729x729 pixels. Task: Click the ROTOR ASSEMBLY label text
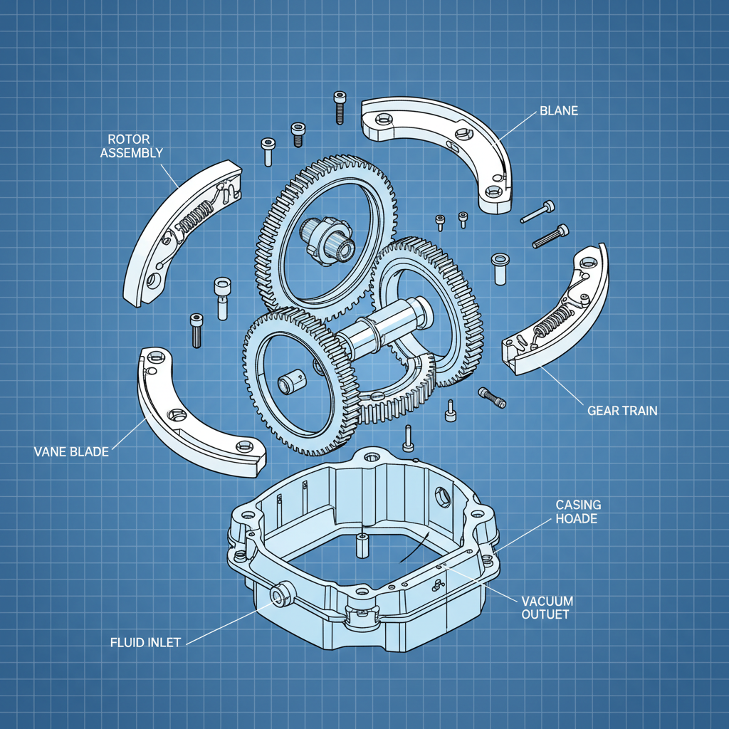132,145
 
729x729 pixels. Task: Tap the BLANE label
559,110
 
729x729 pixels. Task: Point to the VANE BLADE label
71,451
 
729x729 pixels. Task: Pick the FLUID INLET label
146,641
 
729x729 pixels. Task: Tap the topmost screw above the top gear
340,107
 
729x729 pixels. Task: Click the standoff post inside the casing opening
361,544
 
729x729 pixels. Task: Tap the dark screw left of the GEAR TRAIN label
493,397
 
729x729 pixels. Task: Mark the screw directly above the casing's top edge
408,438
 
